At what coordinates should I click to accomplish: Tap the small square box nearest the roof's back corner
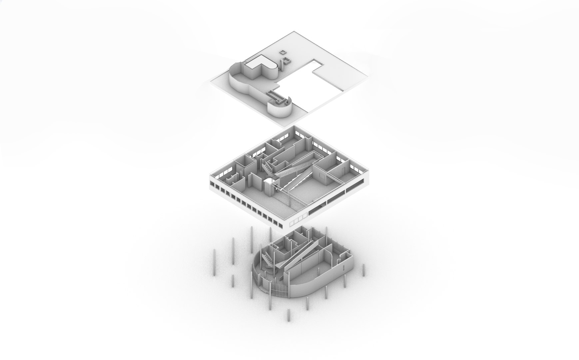click(283, 52)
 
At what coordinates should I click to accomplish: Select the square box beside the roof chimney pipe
click(288, 61)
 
